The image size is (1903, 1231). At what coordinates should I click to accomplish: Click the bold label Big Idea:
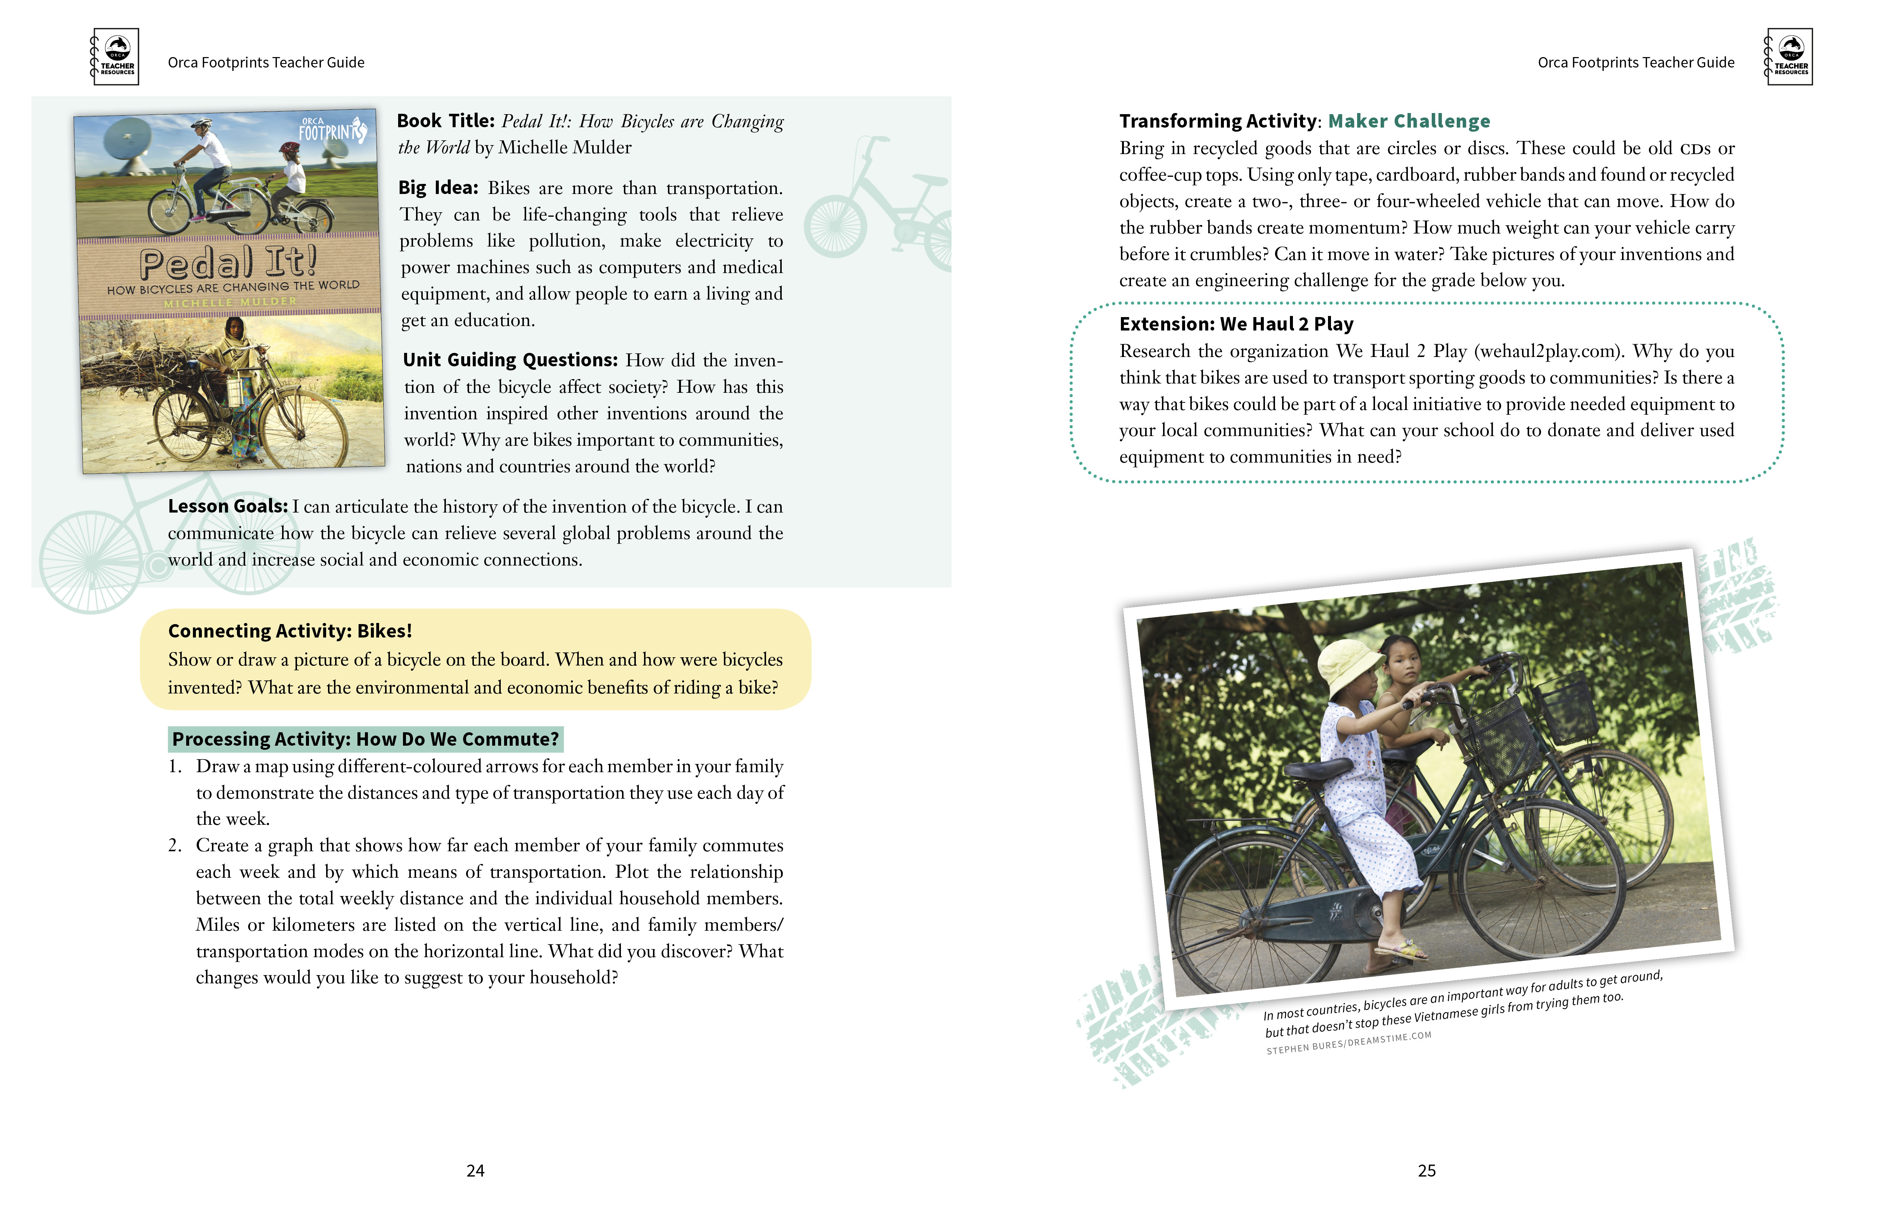pyautogui.click(x=438, y=188)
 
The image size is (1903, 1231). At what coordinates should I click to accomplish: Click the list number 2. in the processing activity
pyautogui.click(x=175, y=846)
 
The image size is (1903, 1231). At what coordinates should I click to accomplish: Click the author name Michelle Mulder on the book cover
pyautogui.click(x=230, y=302)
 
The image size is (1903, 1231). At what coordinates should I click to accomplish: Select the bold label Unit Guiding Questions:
pyautogui.click(x=510, y=360)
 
